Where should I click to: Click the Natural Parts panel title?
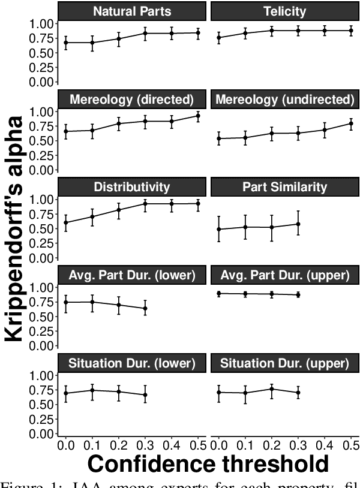[131, 11]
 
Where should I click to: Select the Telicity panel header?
[284, 11]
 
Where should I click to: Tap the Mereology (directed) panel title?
[131, 99]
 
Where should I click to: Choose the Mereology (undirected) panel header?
[284, 99]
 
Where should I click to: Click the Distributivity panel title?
[131, 187]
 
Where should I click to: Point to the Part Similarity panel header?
[284, 187]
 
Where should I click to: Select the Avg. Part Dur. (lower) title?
[131, 275]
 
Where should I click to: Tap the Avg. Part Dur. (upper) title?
[284, 275]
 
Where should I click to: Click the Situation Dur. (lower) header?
[131, 363]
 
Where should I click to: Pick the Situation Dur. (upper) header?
[284, 363]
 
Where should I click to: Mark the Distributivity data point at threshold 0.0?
[65, 222]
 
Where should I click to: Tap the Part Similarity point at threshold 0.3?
[298, 224]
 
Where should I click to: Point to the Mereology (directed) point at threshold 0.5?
[197, 116]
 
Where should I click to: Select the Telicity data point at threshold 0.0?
[218, 38]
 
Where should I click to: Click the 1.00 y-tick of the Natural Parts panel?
[43, 23]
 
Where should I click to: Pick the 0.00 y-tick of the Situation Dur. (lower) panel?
[43, 433]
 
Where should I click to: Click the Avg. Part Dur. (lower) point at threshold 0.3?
[145, 308]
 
